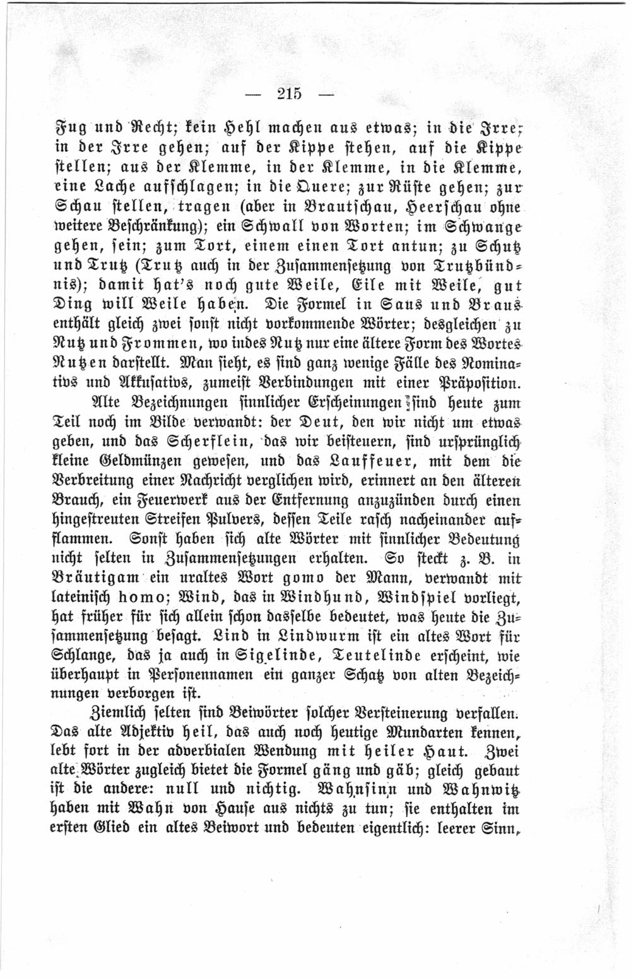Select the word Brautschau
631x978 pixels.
[x=365, y=207]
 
